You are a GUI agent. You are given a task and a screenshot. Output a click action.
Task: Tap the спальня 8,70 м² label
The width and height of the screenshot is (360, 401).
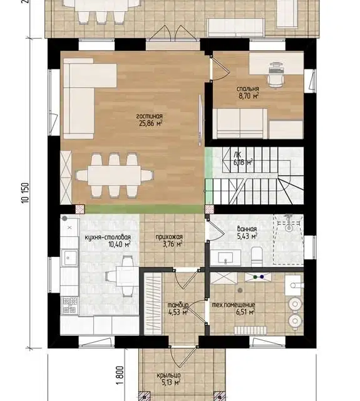point(247,92)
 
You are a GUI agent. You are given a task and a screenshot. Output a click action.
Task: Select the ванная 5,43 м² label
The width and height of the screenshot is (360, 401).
point(247,232)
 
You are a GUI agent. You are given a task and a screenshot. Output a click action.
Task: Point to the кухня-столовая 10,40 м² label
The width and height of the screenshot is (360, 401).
point(108,241)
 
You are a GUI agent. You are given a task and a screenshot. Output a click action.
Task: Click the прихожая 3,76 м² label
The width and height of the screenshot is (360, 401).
point(169,241)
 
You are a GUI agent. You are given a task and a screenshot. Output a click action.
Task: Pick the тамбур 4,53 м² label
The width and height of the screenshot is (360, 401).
point(178,309)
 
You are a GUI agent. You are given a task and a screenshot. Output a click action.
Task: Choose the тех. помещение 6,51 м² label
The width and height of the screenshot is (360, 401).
point(234,308)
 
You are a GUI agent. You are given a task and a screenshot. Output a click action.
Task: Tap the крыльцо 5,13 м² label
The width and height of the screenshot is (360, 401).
point(168,378)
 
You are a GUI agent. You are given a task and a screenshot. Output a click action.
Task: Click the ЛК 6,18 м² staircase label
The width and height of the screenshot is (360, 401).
point(243,159)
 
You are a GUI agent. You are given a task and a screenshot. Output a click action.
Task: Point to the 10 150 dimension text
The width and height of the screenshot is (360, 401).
point(26,193)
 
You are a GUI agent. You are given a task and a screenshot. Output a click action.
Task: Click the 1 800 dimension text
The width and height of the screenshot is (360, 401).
point(120,375)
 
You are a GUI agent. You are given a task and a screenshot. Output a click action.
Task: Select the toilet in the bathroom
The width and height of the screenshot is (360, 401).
point(257,256)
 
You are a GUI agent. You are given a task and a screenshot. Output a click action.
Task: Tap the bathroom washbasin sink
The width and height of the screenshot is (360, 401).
point(225,258)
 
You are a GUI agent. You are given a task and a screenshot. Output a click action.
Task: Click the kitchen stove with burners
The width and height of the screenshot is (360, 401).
point(69,305)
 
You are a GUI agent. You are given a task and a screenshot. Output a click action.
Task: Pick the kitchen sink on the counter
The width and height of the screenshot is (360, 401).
point(69,258)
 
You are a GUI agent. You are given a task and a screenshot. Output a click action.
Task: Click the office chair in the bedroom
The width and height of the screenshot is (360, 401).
point(276,75)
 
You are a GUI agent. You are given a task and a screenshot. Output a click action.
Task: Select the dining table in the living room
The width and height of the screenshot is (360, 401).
point(114,175)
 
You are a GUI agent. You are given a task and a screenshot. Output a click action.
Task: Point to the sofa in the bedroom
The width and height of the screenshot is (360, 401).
point(240,124)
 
